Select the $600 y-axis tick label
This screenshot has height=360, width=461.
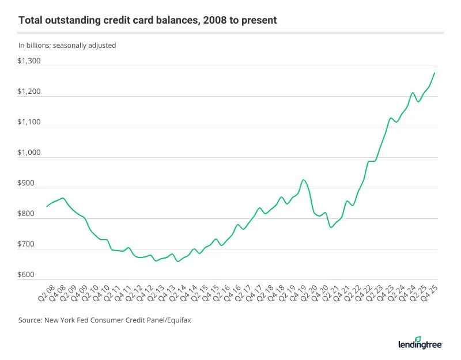click(29, 275)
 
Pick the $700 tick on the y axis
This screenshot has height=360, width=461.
click(29, 244)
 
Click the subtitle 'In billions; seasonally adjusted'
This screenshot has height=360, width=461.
click(67, 45)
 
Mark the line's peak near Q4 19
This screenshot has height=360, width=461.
click(303, 180)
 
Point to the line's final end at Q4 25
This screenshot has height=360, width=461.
click(434, 73)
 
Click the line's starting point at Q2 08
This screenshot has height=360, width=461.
click(47, 206)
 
